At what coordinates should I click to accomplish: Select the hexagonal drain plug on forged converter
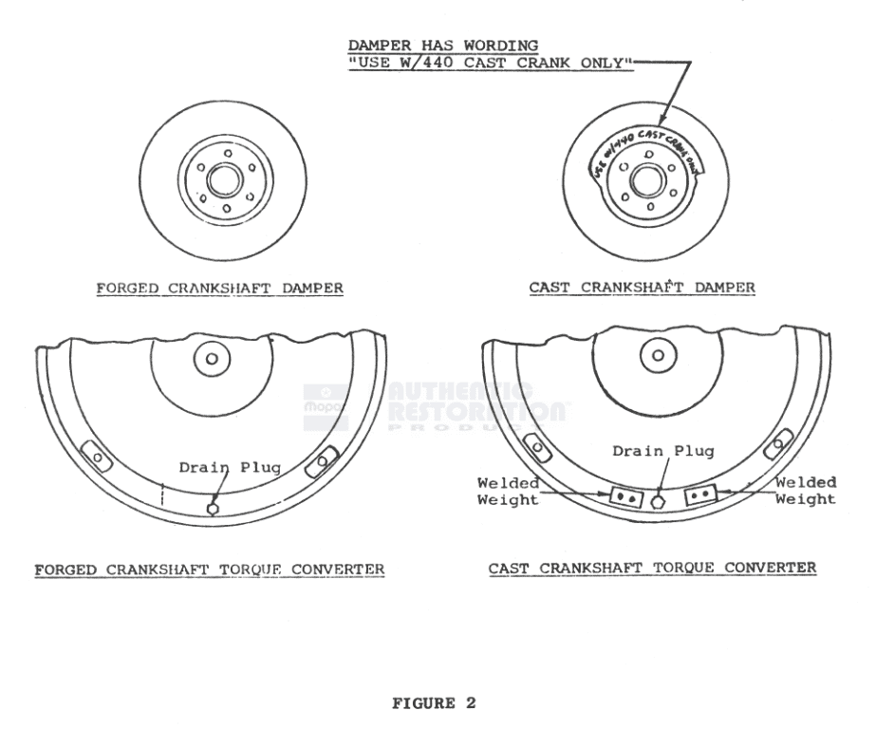click(212, 508)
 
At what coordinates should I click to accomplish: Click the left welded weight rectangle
click(624, 495)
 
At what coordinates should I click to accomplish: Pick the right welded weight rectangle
click(697, 495)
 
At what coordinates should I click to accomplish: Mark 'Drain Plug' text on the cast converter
click(650, 451)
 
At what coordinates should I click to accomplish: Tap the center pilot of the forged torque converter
click(212, 360)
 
